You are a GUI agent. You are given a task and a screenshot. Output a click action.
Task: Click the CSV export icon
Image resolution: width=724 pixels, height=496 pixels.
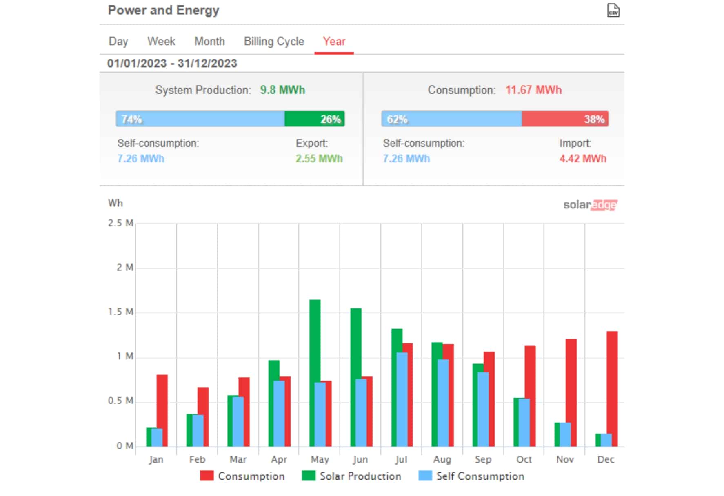(613, 11)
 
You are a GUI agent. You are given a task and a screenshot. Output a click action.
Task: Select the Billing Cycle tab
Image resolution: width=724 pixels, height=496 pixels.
(274, 42)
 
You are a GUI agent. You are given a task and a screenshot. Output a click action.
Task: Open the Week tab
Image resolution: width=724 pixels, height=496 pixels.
(161, 41)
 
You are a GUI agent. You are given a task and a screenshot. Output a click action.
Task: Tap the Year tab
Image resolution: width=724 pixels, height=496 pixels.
(334, 41)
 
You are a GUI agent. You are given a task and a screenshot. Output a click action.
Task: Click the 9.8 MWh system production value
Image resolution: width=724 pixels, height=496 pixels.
(282, 90)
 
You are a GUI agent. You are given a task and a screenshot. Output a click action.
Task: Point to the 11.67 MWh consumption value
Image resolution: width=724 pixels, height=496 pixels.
(533, 90)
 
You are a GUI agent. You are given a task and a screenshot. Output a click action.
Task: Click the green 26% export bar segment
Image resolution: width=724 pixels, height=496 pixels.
(315, 119)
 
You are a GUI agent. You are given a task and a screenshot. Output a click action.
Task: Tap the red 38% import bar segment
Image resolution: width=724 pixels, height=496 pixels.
(565, 119)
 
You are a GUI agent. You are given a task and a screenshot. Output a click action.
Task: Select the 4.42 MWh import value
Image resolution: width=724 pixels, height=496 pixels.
(583, 158)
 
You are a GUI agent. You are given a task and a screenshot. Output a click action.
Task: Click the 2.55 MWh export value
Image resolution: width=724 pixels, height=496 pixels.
(319, 158)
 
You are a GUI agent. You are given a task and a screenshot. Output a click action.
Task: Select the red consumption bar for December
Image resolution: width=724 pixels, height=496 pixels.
(612, 389)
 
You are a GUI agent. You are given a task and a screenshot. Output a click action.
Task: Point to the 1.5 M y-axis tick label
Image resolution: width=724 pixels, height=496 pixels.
(120, 312)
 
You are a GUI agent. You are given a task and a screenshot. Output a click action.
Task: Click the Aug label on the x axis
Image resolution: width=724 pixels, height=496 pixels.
(442, 459)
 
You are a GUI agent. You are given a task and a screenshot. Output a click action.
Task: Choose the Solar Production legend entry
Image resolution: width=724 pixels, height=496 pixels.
(351, 476)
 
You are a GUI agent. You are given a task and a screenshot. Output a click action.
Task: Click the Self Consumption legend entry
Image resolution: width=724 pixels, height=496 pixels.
(471, 476)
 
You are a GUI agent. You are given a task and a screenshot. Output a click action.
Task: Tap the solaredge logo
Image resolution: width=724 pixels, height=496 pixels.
(590, 205)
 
